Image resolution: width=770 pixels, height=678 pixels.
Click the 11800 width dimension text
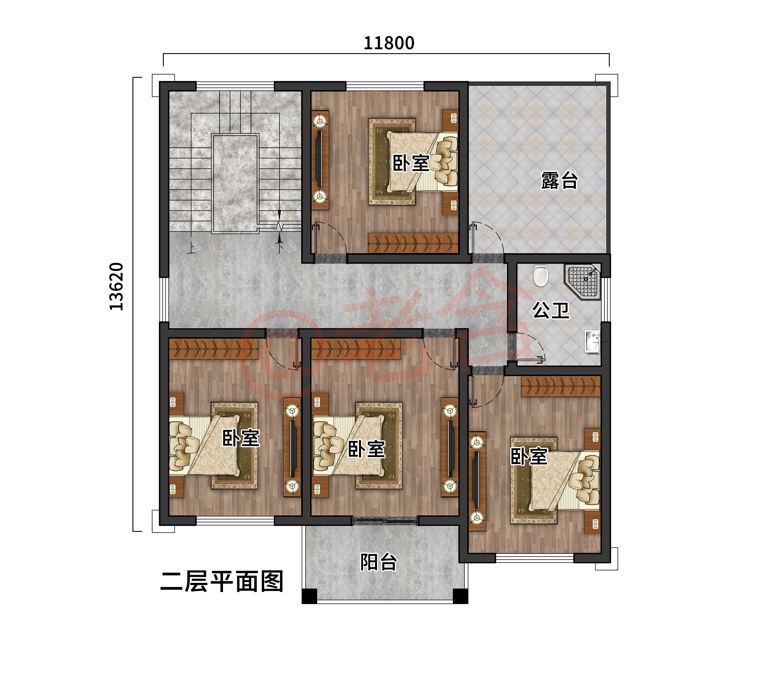[389, 43]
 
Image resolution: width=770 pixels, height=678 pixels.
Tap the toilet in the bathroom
[541, 276]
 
